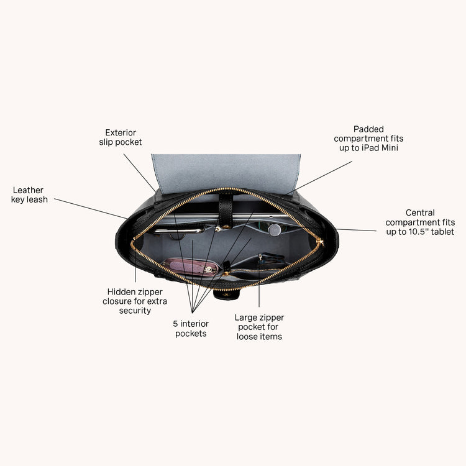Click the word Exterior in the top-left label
point(121,132)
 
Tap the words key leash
point(29,199)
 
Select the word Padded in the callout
point(368,129)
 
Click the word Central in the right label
point(420,212)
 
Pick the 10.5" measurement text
point(418,232)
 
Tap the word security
point(135,311)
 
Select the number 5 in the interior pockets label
point(175,324)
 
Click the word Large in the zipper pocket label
point(244,318)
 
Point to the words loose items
point(259,337)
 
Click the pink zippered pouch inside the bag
point(191,267)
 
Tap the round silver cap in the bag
point(274,230)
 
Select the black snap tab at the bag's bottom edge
point(227,295)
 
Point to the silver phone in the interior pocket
point(179,231)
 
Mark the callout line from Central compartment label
point(357,230)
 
